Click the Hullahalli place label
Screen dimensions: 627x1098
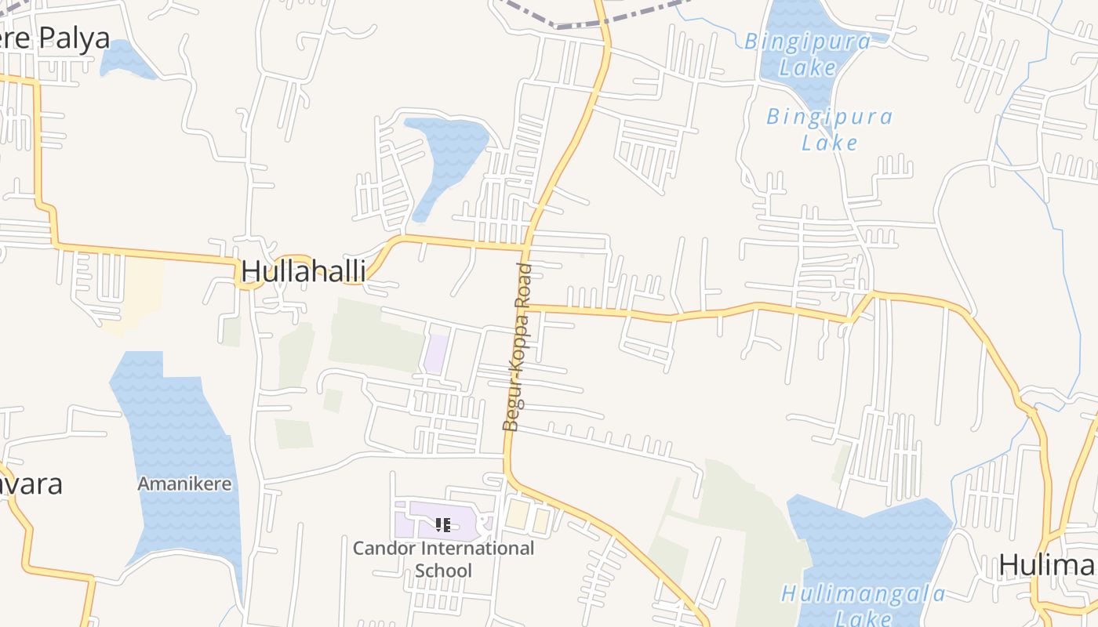click(x=303, y=270)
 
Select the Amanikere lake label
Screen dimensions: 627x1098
click(x=185, y=484)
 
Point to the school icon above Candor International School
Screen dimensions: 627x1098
click(x=443, y=524)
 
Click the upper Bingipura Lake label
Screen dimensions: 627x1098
click(x=807, y=53)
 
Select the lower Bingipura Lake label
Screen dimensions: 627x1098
click(x=829, y=129)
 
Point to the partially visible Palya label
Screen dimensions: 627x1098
click(x=55, y=37)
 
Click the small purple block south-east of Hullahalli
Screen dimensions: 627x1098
click(x=436, y=353)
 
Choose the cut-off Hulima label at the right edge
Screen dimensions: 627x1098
click(x=1047, y=564)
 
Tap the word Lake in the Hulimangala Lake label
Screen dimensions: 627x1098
click(x=863, y=618)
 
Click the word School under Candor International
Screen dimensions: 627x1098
click(x=443, y=570)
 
